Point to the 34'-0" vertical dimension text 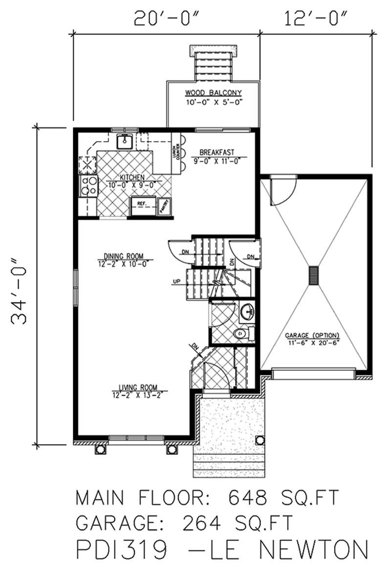coord(20,284)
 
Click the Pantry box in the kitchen coord(164,206)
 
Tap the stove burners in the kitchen coord(88,186)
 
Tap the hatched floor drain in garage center coord(313,275)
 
